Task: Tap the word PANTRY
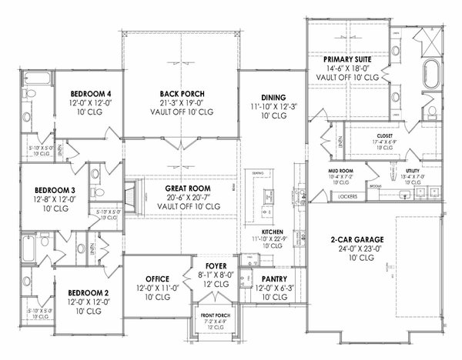[275, 278]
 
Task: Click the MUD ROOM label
[340, 171]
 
